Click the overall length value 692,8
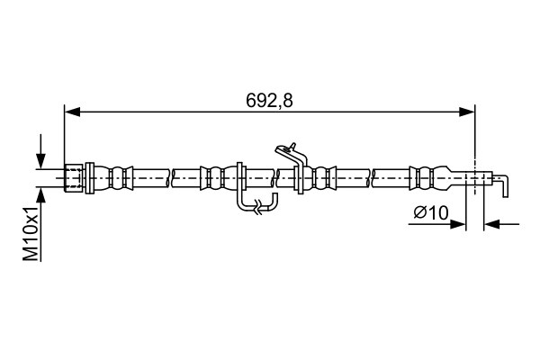[x=270, y=100]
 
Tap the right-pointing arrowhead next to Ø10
[x=460, y=224]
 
